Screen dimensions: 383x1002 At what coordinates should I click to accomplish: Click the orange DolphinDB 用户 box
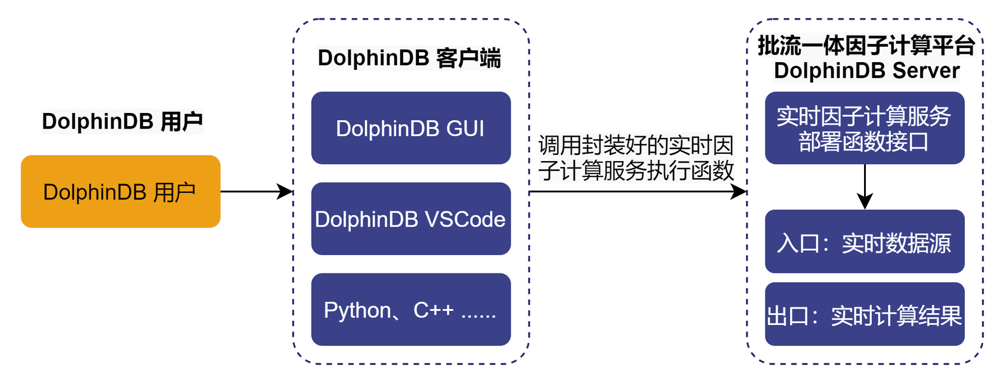(x=120, y=191)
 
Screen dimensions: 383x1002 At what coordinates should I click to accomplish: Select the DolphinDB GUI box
(x=411, y=128)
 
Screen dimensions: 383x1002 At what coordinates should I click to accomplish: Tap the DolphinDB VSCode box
(x=411, y=218)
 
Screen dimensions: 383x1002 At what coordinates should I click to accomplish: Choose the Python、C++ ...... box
(x=411, y=309)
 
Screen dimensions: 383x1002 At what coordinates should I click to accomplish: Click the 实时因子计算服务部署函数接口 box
(x=864, y=128)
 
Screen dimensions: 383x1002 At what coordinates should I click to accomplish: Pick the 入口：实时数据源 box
(x=864, y=241)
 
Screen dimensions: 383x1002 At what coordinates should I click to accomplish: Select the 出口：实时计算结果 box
(x=864, y=314)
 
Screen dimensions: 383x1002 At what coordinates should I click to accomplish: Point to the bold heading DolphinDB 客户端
(x=409, y=58)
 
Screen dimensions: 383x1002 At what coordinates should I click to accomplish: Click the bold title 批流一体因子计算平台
(x=866, y=45)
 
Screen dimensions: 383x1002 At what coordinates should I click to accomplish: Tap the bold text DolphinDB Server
(x=866, y=70)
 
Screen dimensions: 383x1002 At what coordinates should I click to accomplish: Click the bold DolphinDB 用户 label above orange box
(x=122, y=121)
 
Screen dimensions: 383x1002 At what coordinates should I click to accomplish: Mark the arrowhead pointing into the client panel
(x=286, y=191)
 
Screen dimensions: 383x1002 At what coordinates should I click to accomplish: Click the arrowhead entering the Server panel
(x=739, y=191)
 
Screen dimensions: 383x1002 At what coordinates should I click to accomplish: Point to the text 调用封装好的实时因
(x=636, y=145)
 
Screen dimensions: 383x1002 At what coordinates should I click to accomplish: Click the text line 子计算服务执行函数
(x=636, y=170)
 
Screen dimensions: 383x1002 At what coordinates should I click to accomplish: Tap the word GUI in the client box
(x=465, y=128)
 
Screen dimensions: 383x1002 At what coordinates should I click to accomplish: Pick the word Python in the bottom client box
(x=357, y=310)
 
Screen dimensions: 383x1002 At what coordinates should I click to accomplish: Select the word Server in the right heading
(x=926, y=70)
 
